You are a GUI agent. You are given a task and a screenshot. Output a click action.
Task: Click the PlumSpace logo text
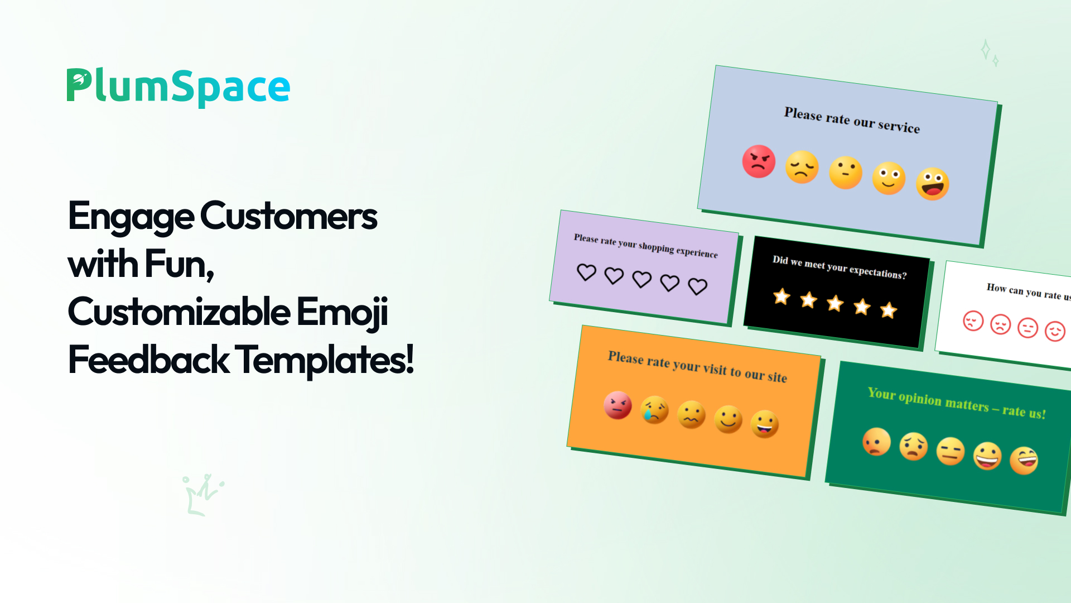click(x=178, y=87)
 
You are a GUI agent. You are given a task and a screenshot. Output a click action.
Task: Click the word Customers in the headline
click(x=289, y=217)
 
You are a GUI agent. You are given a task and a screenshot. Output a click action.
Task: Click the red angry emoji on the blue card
click(x=759, y=161)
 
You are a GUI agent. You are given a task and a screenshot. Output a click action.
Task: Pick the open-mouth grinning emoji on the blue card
click(x=933, y=184)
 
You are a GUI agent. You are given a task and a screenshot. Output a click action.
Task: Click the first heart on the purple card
click(x=586, y=272)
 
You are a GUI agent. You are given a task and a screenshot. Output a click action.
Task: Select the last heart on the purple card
click(x=697, y=286)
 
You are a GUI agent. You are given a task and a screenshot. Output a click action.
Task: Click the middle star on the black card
click(x=835, y=303)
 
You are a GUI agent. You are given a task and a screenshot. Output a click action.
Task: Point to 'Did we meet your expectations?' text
click(x=840, y=267)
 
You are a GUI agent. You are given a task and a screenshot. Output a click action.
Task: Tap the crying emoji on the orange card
click(x=655, y=410)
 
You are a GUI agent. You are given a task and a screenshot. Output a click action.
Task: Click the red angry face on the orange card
click(x=617, y=405)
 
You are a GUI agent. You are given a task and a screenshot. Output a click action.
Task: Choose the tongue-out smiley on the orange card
click(x=765, y=424)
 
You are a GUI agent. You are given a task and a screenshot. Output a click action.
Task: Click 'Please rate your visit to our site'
click(x=697, y=367)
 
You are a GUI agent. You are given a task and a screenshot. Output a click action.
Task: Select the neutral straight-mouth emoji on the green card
click(x=951, y=451)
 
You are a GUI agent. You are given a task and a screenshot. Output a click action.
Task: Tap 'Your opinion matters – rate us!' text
click(x=957, y=403)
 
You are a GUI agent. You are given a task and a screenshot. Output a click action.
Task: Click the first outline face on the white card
click(x=973, y=320)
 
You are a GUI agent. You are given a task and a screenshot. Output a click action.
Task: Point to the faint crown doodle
click(x=202, y=495)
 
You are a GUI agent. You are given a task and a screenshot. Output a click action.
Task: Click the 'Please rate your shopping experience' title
click(x=645, y=246)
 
